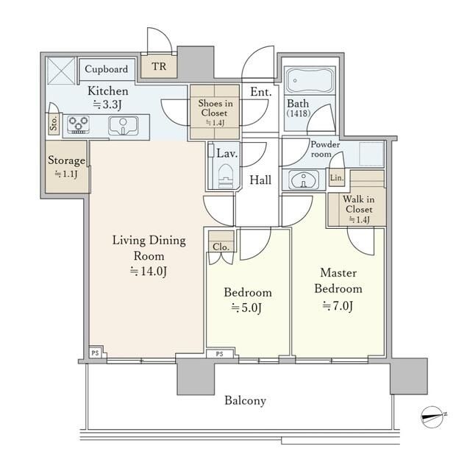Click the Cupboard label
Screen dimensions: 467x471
[x=106, y=69]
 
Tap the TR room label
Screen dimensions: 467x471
[x=159, y=66]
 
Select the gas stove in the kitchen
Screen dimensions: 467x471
[x=79, y=124]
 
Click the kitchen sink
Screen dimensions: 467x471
[x=124, y=126]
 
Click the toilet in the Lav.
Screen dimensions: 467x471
[x=226, y=177]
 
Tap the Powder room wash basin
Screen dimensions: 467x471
[x=304, y=180]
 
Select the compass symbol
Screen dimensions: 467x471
[x=432, y=416]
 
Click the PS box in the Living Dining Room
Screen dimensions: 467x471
[x=96, y=353]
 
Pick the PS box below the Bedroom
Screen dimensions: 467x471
[x=220, y=354]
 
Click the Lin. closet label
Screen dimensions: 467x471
[x=336, y=178]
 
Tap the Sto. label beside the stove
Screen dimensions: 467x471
[x=54, y=124]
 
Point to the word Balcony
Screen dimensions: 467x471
[x=245, y=400]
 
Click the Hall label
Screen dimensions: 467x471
[x=260, y=180]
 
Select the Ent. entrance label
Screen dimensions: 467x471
[x=261, y=91]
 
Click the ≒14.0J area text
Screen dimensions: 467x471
[x=149, y=272]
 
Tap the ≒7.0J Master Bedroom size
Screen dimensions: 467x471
[x=338, y=306]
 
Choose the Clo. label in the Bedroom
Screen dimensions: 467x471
[x=221, y=247]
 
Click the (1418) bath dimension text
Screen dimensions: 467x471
[x=299, y=113]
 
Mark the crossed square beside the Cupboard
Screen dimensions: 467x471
[x=61, y=71]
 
